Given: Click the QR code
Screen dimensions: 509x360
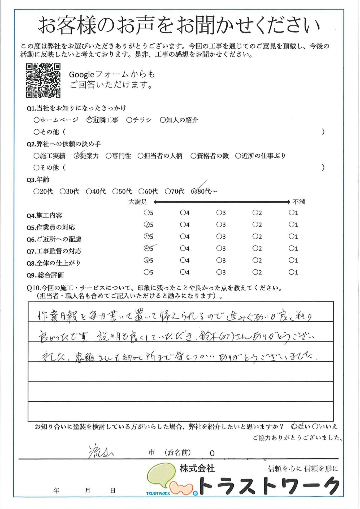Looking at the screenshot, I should (x=43, y=81).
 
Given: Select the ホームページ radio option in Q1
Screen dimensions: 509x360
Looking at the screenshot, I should (x=36, y=120).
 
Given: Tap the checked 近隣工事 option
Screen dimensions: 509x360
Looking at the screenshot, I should (x=89, y=120).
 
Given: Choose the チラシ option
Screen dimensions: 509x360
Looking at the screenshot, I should (x=129, y=120).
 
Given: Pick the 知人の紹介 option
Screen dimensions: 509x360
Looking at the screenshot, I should (x=163, y=120).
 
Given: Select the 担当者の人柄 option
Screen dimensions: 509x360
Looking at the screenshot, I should (x=140, y=156).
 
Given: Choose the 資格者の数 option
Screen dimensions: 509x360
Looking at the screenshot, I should (x=193, y=156).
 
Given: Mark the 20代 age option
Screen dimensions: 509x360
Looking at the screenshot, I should (x=36, y=191).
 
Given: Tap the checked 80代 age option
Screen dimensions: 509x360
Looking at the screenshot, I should (x=194, y=191).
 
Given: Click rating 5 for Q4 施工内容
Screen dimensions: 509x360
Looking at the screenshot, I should (x=146, y=213).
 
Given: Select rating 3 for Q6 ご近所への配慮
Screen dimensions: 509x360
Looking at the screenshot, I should (x=219, y=236).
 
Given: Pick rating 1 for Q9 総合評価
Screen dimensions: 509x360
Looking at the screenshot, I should (x=291, y=272).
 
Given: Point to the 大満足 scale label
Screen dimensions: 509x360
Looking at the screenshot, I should (x=137, y=202).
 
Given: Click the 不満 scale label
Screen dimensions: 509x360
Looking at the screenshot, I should (x=299, y=202).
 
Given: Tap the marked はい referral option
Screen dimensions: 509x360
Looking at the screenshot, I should (x=294, y=427).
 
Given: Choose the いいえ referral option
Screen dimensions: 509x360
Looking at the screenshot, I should (x=315, y=427).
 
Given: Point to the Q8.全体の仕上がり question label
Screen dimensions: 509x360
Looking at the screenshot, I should (x=53, y=263).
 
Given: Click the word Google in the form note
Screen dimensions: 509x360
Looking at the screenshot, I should (x=81, y=75).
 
